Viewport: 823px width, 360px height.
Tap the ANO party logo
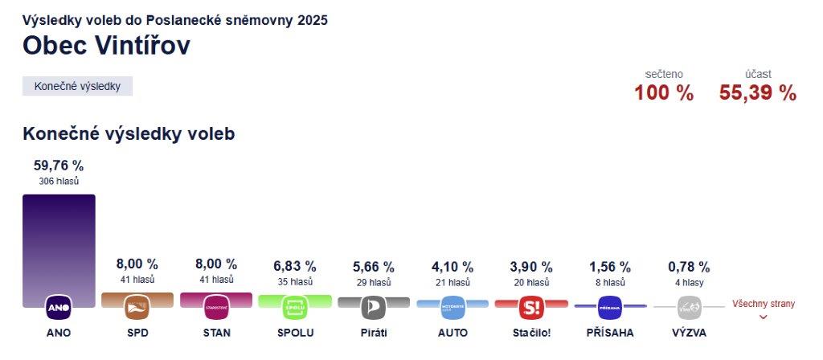[x=59, y=307]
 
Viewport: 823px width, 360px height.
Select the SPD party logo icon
[x=137, y=307]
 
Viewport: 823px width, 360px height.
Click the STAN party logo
[x=216, y=307]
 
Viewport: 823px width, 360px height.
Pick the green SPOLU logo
[x=295, y=307]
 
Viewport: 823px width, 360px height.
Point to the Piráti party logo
[x=373, y=307]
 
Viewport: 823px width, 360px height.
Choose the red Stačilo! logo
[x=531, y=307]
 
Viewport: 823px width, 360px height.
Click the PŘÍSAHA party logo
[x=610, y=307]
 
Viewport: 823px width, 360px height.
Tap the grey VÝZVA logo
[x=689, y=307]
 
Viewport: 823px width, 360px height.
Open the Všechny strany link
[x=763, y=305]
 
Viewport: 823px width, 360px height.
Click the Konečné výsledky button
[x=77, y=86]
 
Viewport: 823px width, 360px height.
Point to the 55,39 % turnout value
[x=757, y=93]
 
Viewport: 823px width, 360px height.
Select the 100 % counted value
[x=663, y=93]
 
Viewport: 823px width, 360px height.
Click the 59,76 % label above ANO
[x=59, y=166]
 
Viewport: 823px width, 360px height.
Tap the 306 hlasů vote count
[x=59, y=182]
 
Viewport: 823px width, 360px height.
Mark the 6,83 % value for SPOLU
[x=295, y=266]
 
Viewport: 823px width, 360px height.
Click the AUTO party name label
[x=452, y=333]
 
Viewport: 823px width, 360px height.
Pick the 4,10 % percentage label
[x=452, y=266]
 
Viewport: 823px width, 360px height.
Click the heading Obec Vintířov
[x=106, y=46]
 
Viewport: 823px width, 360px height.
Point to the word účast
[x=758, y=74]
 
